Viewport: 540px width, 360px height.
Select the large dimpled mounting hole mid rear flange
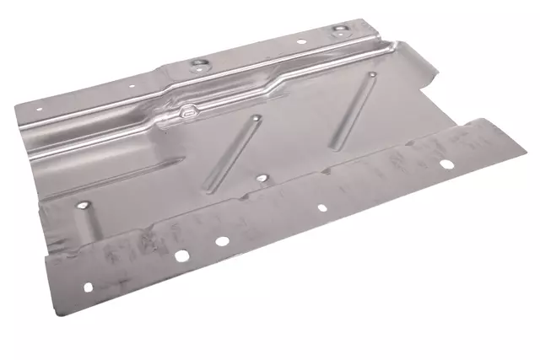[199, 62]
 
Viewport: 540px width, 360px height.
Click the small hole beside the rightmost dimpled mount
[301, 40]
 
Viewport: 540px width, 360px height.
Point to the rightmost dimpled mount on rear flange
[339, 30]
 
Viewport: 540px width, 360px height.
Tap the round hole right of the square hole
[221, 241]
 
